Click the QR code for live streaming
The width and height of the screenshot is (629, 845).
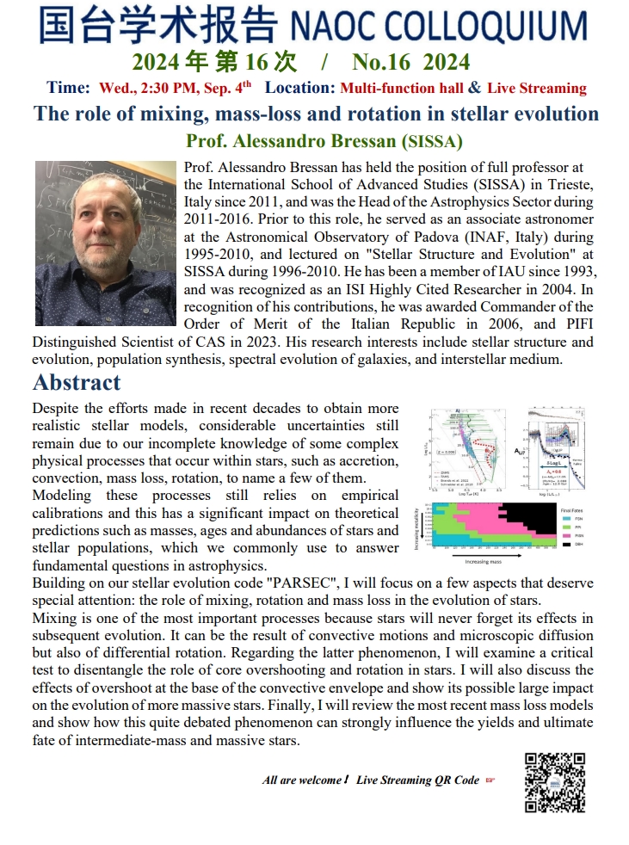tap(554, 781)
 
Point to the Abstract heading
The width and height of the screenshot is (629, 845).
tap(77, 382)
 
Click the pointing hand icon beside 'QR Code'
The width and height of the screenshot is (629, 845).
tap(490, 780)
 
